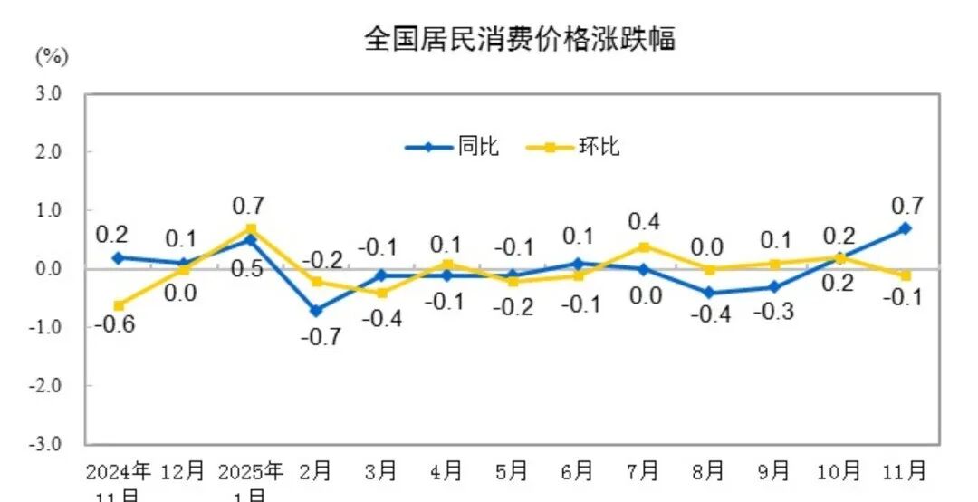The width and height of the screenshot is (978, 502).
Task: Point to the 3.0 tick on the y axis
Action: click(48, 93)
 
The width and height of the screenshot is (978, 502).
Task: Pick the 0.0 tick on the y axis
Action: click(48, 269)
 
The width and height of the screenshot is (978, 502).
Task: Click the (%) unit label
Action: click(52, 56)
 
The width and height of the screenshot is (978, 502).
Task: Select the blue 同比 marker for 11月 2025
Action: click(905, 228)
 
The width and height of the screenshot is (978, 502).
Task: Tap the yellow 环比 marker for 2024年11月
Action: click(119, 305)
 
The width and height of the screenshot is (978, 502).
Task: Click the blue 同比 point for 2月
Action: click(315, 311)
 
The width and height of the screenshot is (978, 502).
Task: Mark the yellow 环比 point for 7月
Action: click(643, 246)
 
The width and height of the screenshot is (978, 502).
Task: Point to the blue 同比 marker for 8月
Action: click(708, 293)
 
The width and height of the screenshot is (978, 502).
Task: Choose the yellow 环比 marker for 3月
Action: click(381, 293)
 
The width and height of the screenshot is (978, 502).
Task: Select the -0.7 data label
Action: click(323, 336)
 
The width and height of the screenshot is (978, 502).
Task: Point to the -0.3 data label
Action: click(773, 312)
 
